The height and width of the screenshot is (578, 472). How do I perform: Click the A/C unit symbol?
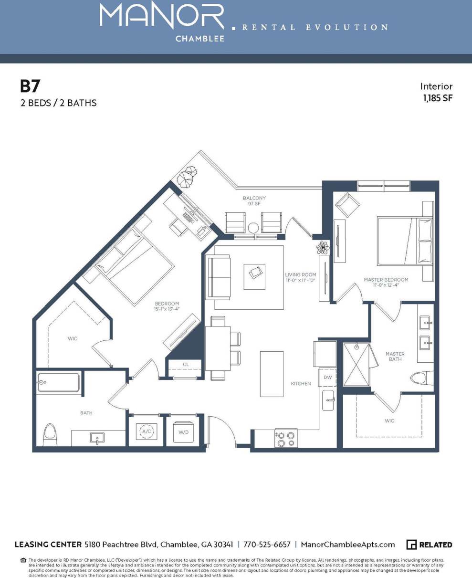tap(146, 431)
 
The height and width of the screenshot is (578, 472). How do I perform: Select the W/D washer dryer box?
tap(184, 431)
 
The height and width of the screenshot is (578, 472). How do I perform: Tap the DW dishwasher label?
tap(327, 377)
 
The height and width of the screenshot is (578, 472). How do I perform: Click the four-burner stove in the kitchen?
tap(286, 438)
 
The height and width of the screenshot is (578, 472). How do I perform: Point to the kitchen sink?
tap(328, 400)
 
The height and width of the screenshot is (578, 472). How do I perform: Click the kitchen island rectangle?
tap(272, 374)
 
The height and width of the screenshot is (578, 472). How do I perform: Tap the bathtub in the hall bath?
tap(58, 382)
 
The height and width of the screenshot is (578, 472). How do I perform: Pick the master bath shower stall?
tap(356, 365)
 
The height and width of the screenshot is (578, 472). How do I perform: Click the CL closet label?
tap(186, 365)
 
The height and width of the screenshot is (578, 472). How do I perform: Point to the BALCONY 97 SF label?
tap(254, 201)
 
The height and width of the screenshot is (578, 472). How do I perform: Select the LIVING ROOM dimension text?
tap(301, 277)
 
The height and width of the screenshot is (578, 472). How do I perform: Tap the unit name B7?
tap(30, 86)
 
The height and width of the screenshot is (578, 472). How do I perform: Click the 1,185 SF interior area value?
tap(437, 98)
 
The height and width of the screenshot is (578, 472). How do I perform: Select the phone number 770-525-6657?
tap(267, 545)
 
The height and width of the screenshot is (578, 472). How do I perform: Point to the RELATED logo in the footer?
tap(429, 545)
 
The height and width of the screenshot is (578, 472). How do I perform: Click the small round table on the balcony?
tap(253, 228)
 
